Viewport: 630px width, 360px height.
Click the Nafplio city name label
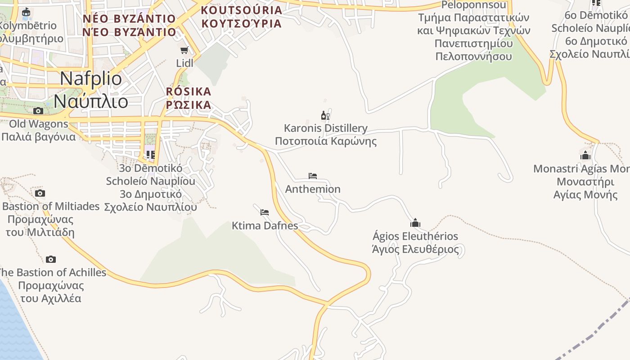[90, 79]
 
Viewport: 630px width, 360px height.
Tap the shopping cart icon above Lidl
[184, 50]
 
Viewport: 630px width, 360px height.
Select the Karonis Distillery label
[325, 128]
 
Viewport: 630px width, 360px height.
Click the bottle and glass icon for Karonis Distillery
[325, 116]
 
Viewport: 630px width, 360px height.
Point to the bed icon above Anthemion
[313, 175]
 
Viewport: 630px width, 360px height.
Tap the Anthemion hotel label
[313, 189]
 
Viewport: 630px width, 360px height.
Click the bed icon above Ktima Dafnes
[265, 212]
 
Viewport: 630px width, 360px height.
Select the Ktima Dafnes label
[265, 225]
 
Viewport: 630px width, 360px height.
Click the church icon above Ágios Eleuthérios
[415, 223]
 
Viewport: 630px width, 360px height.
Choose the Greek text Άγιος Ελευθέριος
[415, 249]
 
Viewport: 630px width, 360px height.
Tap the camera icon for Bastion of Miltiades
[40, 193]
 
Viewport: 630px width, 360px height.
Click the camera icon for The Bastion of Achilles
[51, 259]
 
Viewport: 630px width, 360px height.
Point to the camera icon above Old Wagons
[38, 111]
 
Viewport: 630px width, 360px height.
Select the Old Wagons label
[39, 124]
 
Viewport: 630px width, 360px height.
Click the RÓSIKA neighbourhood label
[188, 92]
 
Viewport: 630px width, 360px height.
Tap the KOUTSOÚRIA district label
[241, 10]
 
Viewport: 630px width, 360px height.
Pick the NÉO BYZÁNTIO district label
[129, 19]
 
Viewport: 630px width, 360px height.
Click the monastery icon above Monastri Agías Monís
[585, 156]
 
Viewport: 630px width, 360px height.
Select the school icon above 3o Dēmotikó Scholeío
[150, 155]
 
